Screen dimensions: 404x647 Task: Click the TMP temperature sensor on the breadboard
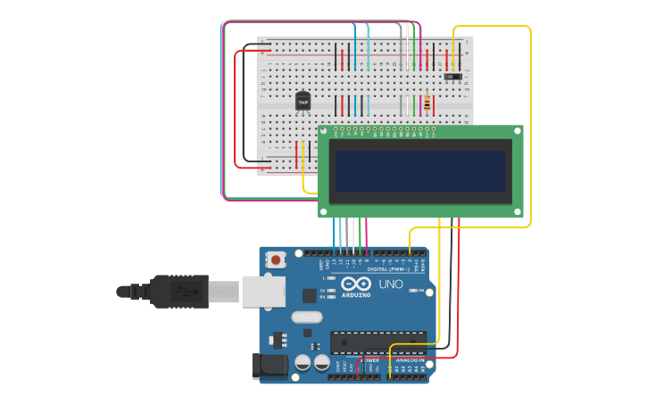click(x=303, y=102)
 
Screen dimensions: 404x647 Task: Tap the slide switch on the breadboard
click(x=452, y=77)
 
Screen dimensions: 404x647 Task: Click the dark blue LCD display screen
click(x=420, y=171)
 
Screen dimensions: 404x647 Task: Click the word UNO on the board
click(x=391, y=284)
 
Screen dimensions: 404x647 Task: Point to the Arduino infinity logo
click(x=355, y=284)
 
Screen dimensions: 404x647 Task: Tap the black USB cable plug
click(x=178, y=291)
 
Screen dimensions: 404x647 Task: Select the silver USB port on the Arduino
click(x=263, y=291)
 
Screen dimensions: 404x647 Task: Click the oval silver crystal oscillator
click(x=306, y=317)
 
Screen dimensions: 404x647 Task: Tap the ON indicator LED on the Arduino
click(x=412, y=291)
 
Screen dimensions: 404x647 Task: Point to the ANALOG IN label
click(x=410, y=360)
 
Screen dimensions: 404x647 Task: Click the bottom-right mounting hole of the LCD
click(x=517, y=211)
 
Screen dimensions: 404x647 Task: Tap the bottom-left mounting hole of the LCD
click(x=324, y=211)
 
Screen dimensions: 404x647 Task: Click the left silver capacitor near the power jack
click(x=303, y=362)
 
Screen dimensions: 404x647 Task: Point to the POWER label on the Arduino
click(x=369, y=360)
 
